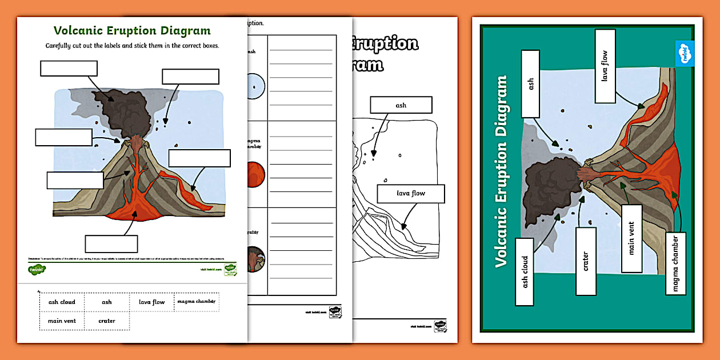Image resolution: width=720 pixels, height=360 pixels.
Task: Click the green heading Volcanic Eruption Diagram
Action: (132, 31)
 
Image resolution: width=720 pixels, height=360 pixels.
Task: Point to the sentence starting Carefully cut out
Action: (132, 45)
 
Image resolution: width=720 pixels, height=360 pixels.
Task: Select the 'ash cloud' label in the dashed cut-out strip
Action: (62, 302)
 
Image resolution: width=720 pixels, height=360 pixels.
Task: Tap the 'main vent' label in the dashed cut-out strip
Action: (62, 321)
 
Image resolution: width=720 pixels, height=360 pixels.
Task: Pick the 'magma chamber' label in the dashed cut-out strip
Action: (196, 301)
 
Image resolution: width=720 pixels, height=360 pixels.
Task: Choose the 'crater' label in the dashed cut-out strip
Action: (107, 321)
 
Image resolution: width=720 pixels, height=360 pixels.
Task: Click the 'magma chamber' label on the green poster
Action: (675, 263)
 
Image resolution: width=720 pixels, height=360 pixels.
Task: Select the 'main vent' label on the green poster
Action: (631, 238)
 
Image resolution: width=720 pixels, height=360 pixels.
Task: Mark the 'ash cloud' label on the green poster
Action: (525, 272)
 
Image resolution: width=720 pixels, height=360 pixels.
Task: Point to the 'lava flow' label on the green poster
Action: (605, 66)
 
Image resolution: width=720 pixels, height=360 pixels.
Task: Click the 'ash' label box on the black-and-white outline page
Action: (401, 105)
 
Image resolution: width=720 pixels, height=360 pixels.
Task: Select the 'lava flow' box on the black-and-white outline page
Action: (410, 193)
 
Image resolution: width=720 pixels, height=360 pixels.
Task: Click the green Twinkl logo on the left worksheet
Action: (37, 269)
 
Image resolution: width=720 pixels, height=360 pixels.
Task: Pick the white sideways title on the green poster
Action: (502, 172)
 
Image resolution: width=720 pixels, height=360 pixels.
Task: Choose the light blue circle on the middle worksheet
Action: (256, 85)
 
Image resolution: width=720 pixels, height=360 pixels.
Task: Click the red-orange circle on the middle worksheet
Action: (255, 174)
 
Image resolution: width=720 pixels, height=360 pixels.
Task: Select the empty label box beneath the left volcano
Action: (111, 244)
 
